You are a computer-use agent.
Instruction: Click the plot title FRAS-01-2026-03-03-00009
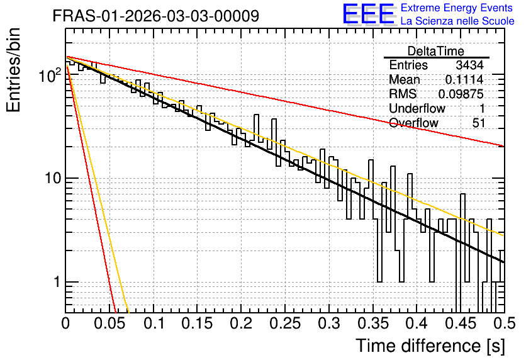(156, 16)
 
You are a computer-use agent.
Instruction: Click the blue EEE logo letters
(369, 14)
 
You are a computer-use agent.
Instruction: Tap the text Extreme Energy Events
(457, 8)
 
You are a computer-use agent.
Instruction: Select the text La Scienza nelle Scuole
(457, 21)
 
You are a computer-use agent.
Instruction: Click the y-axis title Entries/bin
(14, 70)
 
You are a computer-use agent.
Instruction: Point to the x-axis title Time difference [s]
(430, 346)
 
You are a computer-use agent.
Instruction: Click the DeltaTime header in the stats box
(436, 51)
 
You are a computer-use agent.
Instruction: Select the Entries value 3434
(469, 65)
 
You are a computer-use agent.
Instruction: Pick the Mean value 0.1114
(464, 79)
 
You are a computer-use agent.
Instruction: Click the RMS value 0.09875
(461, 94)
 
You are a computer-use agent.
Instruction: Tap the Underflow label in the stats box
(417, 109)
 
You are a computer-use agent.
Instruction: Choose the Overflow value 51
(479, 123)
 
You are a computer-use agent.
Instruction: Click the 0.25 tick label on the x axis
(285, 323)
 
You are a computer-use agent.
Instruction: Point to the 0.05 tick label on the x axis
(109, 323)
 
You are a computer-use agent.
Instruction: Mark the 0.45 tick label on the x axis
(461, 323)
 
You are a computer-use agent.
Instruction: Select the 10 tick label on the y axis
(53, 179)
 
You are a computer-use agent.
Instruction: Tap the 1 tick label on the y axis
(57, 282)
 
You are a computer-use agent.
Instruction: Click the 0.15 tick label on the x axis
(198, 323)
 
